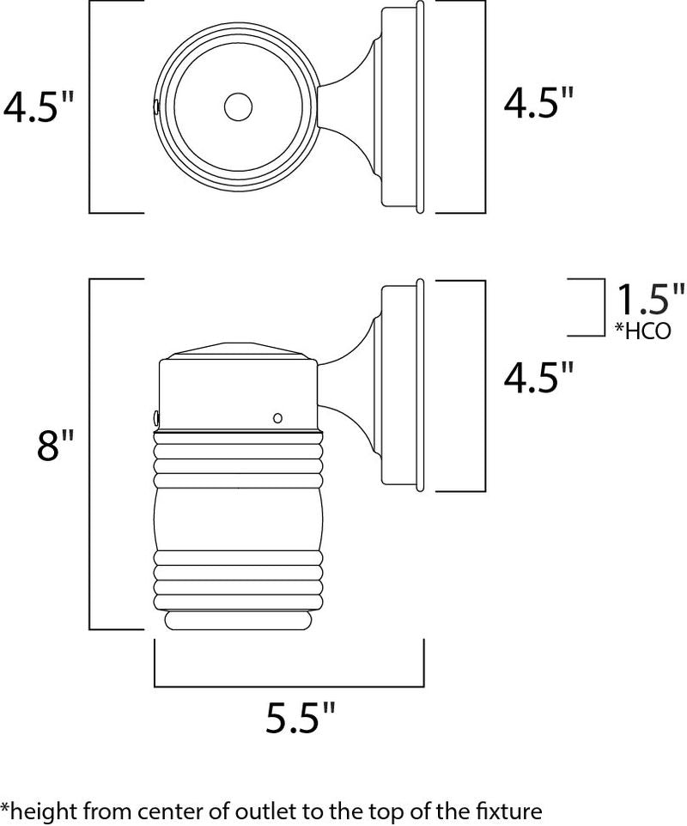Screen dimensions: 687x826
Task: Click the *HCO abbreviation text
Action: (x=643, y=331)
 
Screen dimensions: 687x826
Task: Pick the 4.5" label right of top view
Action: (x=538, y=102)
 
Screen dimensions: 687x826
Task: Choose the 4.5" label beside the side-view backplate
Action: (x=538, y=377)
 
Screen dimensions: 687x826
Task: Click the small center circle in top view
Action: (x=238, y=107)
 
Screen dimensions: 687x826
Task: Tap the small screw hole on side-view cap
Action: (x=277, y=418)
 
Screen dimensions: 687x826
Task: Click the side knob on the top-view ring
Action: (x=156, y=106)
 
